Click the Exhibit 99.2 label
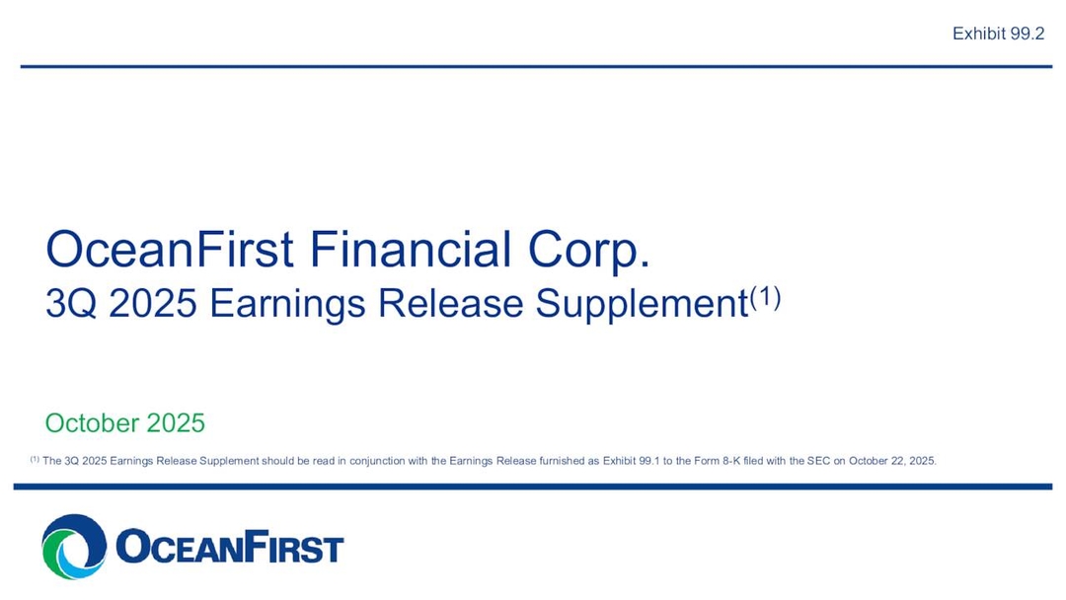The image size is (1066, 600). point(998,34)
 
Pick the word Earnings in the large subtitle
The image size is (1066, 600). point(290,304)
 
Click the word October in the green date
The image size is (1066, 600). point(92,423)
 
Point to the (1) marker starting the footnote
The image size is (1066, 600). point(35,460)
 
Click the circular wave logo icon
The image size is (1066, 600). point(74,546)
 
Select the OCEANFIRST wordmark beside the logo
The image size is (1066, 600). point(229,548)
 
